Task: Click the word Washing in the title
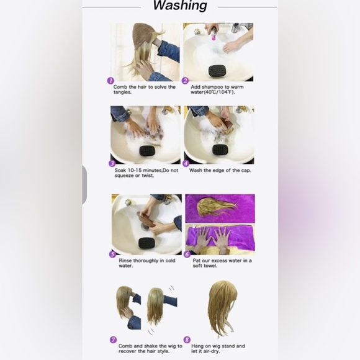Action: [179, 6]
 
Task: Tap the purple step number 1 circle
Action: [110, 81]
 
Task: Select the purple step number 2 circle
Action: [185, 81]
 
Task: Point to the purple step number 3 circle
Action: [112, 163]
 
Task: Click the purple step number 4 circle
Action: [186, 163]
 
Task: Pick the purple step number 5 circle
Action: [113, 254]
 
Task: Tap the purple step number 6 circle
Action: [187, 254]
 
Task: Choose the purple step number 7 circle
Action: [114, 339]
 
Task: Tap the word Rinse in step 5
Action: [126, 260]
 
